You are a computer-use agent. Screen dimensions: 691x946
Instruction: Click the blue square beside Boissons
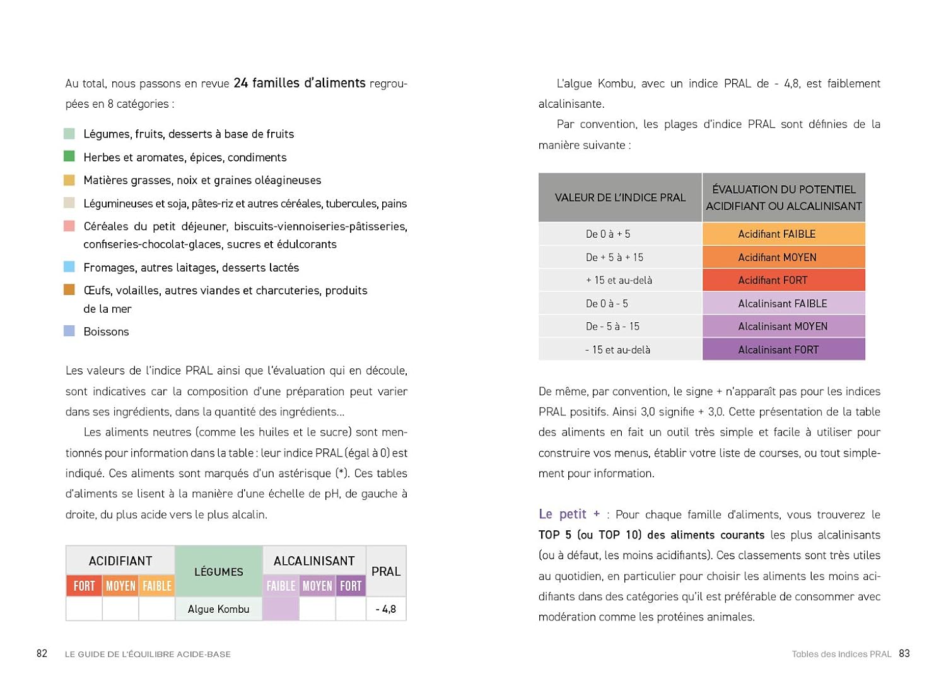[x=69, y=331]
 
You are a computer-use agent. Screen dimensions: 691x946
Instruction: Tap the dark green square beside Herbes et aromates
[x=69, y=156]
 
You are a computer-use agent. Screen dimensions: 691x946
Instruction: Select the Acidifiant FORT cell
[x=783, y=280]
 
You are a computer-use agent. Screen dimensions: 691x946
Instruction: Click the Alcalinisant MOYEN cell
[x=783, y=327]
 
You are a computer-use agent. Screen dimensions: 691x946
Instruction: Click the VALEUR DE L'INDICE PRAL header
[x=620, y=197]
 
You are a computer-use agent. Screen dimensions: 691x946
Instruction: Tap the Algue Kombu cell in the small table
[x=218, y=609]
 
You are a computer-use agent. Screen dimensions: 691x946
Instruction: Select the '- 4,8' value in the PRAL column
[x=386, y=609]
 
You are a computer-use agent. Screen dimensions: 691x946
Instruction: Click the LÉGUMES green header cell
[x=218, y=571]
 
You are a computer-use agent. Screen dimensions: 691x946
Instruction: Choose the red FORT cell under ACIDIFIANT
[x=84, y=586]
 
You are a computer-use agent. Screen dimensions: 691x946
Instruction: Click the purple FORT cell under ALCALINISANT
[x=351, y=586]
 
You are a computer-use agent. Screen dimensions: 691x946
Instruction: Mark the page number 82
[x=42, y=654]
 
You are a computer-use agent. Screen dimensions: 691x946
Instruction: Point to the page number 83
[x=904, y=654]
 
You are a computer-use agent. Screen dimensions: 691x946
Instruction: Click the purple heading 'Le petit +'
[x=569, y=514]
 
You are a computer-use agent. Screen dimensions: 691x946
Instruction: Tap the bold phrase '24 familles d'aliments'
[x=300, y=83]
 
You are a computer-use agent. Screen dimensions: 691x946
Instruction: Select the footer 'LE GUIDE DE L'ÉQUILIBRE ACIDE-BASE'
[x=148, y=654]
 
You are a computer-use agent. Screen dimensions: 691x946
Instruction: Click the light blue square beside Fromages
[x=69, y=267]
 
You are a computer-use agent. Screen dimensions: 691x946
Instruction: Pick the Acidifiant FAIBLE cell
[x=783, y=234]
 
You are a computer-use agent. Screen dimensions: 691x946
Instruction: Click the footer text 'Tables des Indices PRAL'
[x=841, y=654]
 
